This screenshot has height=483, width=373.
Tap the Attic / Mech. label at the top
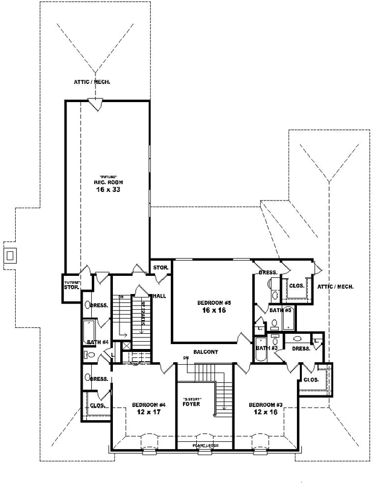coord(92,82)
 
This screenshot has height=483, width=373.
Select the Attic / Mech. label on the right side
coord(336,287)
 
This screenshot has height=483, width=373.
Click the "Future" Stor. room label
coord(71,284)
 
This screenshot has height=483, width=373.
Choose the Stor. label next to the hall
coord(160,267)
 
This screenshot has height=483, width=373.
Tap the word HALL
coord(159,296)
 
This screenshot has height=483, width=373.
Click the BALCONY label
coord(205,351)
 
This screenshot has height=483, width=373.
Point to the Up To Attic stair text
coord(143,314)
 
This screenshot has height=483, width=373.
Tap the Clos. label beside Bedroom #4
coord(97,406)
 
